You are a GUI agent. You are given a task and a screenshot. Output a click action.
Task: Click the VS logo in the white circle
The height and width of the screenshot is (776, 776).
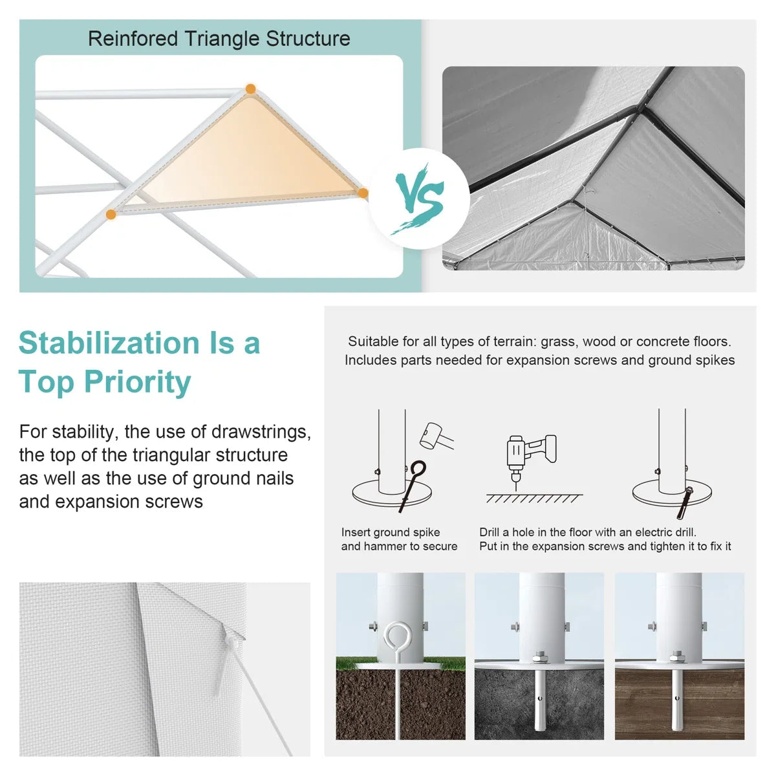(x=419, y=198)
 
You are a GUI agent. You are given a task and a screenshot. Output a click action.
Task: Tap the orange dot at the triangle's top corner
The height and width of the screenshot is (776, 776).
(x=250, y=89)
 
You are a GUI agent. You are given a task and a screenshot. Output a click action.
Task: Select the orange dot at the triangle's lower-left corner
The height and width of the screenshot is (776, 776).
(x=111, y=214)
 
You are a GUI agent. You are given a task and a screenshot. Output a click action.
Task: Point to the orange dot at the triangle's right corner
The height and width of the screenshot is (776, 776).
(x=363, y=193)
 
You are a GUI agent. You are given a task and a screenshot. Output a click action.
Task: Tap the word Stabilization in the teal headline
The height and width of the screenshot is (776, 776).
(x=109, y=343)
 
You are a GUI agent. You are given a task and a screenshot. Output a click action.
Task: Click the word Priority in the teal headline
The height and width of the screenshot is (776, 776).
(x=137, y=382)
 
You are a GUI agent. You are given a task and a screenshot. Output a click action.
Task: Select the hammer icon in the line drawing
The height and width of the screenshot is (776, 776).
(x=436, y=436)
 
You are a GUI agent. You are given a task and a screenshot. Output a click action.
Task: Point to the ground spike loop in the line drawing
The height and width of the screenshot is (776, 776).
(x=418, y=469)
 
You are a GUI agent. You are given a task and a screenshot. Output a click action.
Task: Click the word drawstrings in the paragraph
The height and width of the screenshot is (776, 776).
(x=261, y=432)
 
